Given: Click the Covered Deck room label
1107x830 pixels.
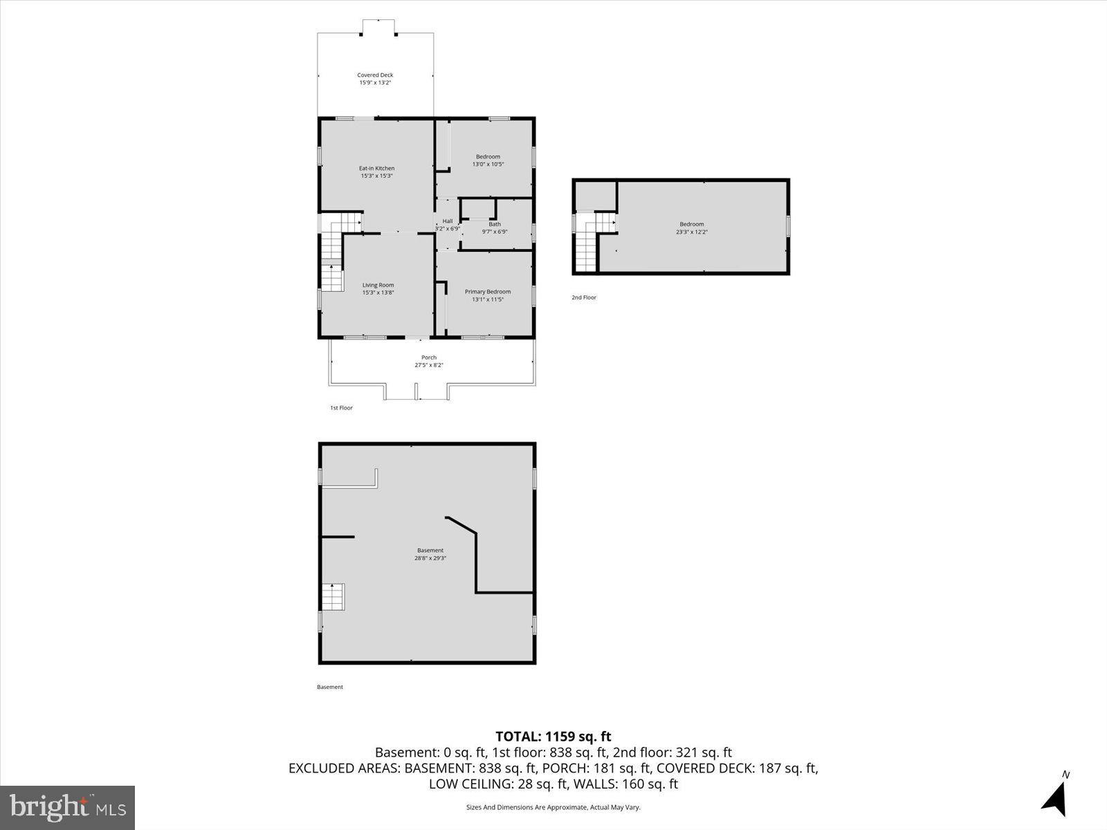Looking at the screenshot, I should point(375,75).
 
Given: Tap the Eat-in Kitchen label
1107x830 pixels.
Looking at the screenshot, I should point(376,168).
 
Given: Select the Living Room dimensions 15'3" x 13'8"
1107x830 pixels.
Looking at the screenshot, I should point(378,293).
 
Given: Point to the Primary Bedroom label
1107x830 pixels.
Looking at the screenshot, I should point(488,292).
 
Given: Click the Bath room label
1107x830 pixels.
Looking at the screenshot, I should point(495,224).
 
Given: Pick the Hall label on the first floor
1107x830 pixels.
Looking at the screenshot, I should point(448,221).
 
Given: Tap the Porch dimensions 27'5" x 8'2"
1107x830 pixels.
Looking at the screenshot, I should point(429,365).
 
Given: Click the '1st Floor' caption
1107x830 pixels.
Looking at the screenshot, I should point(341,408).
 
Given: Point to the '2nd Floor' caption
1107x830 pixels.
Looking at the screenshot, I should point(583,297).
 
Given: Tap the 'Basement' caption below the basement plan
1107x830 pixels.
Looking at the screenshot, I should point(329,687).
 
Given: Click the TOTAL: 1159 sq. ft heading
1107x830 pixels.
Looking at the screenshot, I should point(553,737).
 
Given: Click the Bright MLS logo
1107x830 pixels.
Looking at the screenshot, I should point(68,807).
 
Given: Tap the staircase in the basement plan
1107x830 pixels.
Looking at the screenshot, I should point(333,597).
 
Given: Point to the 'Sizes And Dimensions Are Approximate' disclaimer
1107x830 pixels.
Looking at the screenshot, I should point(553,807).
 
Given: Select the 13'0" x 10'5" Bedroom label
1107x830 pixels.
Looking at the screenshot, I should point(488,160).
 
